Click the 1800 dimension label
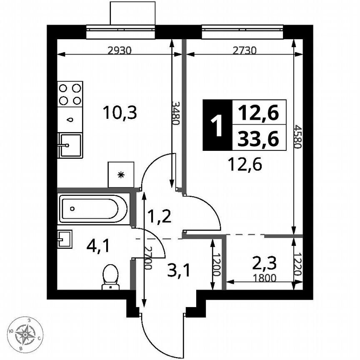[265, 278]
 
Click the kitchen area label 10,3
[120, 112]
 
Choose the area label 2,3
[265, 263]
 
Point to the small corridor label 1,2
[160, 217]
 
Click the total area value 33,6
[258, 139]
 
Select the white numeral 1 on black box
[217, 125]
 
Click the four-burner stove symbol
[70, 94]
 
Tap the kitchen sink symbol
[70, 145]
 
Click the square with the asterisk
[121, 175]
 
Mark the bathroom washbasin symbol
[65, 239]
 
